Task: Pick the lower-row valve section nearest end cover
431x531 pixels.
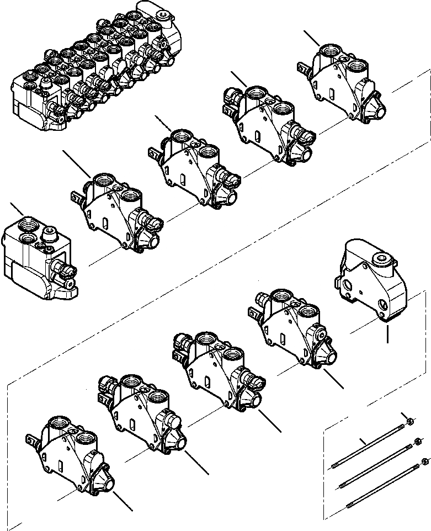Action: coord(292,326)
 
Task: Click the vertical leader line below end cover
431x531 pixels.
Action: coord(389,334)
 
